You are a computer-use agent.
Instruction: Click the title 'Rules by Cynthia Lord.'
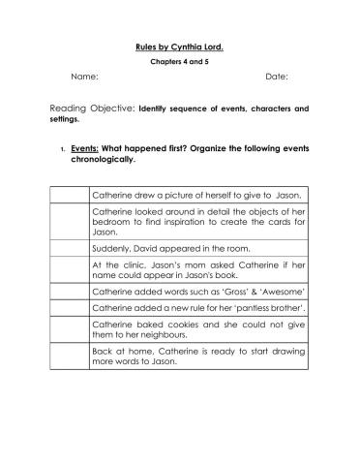tap(179, 45)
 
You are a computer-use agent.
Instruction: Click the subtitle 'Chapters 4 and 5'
tap(179, 60)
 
